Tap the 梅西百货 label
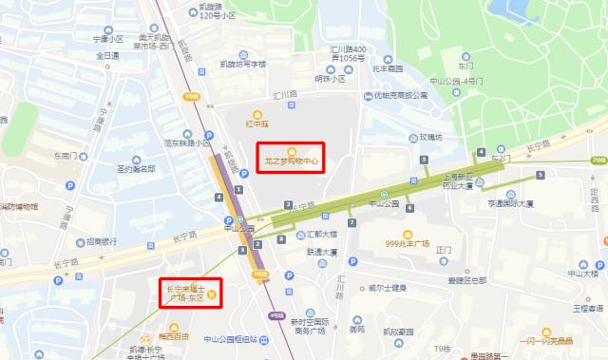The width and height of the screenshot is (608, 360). pyautogui.click(x=173, y=335)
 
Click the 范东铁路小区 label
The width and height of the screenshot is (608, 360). pyautogui.click(x=185, y=143)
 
